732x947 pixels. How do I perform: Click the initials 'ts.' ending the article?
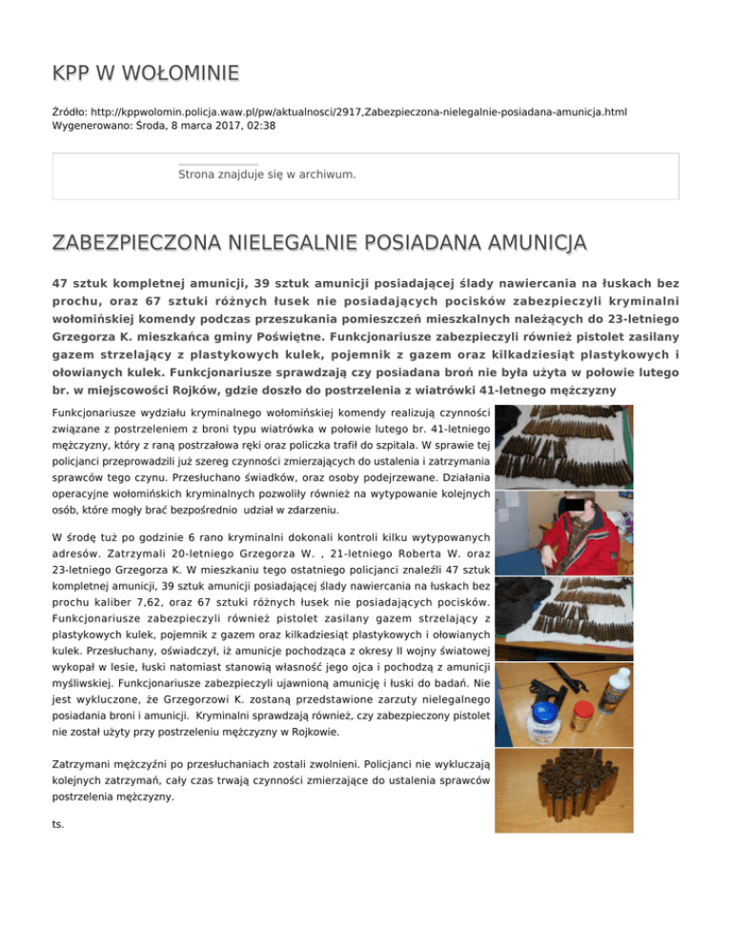59,823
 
